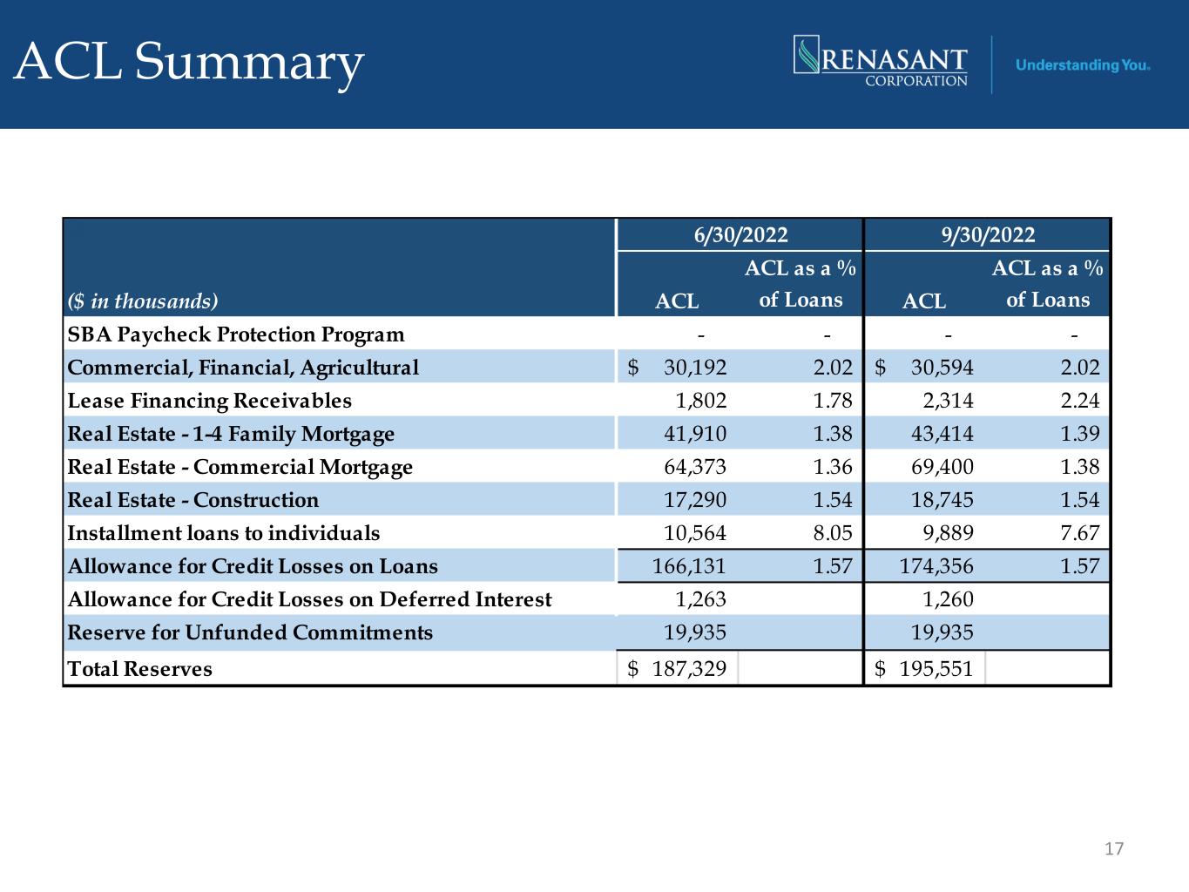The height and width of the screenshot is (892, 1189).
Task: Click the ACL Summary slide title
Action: pos(188,64)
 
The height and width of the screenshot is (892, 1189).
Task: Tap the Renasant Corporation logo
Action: pos(881,61)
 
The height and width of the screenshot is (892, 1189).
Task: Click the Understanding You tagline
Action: pos(1082,65)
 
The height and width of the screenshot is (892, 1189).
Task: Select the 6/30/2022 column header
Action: pos(740,235)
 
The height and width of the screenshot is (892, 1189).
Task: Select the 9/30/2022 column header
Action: pos(988,235)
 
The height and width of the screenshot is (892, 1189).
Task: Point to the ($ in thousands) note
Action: pos(143,301)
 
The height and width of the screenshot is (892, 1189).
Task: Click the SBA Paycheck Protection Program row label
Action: pos(236,334)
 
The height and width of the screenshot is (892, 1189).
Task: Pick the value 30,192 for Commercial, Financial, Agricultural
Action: pos(695,368)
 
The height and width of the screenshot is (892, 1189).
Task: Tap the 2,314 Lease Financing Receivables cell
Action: pos(948,401)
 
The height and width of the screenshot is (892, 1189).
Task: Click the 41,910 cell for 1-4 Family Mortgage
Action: pos(695,434)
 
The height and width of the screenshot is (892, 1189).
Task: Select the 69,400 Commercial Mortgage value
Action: pos(942,467)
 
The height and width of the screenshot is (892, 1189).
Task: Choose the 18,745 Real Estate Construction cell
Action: pos(942,500)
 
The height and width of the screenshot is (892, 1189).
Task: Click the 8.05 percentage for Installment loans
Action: pos(833,533)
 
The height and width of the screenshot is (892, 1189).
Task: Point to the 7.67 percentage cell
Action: pos(1080,533)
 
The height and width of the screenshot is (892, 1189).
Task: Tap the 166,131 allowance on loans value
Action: pos(689,566)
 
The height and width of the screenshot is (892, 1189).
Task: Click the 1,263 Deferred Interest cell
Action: pos(701,599)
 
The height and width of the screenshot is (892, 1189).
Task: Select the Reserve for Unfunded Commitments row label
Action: pos(250,632)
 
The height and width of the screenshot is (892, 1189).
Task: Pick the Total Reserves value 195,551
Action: pos(936,669)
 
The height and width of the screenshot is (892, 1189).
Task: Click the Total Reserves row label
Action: pos(139,669)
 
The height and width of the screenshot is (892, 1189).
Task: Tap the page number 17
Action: pos(1114,848)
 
